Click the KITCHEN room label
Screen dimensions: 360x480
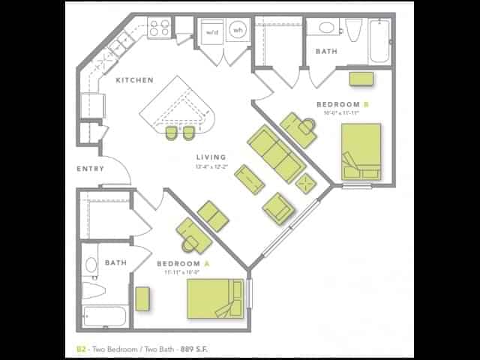(x=134, y=80)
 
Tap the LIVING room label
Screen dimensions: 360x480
(x=209, y=157)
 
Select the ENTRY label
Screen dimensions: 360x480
(x=90, y=169)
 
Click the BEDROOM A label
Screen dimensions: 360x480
(x=178, y=264)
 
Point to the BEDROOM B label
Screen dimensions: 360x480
(x=343, y=104)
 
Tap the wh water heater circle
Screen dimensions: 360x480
(x=238, y=31)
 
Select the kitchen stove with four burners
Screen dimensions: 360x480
(x=159, y=28)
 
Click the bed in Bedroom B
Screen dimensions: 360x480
(x=361, y=153)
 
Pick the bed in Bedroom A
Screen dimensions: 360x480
(x=216, y=298)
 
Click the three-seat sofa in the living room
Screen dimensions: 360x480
(x=273, y=154)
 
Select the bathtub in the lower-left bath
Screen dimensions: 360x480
(x=103, y=316)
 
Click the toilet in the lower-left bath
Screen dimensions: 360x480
(x=92, y=288)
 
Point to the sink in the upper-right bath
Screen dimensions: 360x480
(x=327, y=28)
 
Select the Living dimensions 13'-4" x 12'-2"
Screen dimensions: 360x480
(x=211, y=166)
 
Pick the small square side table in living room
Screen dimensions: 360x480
(x=306, y=183)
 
